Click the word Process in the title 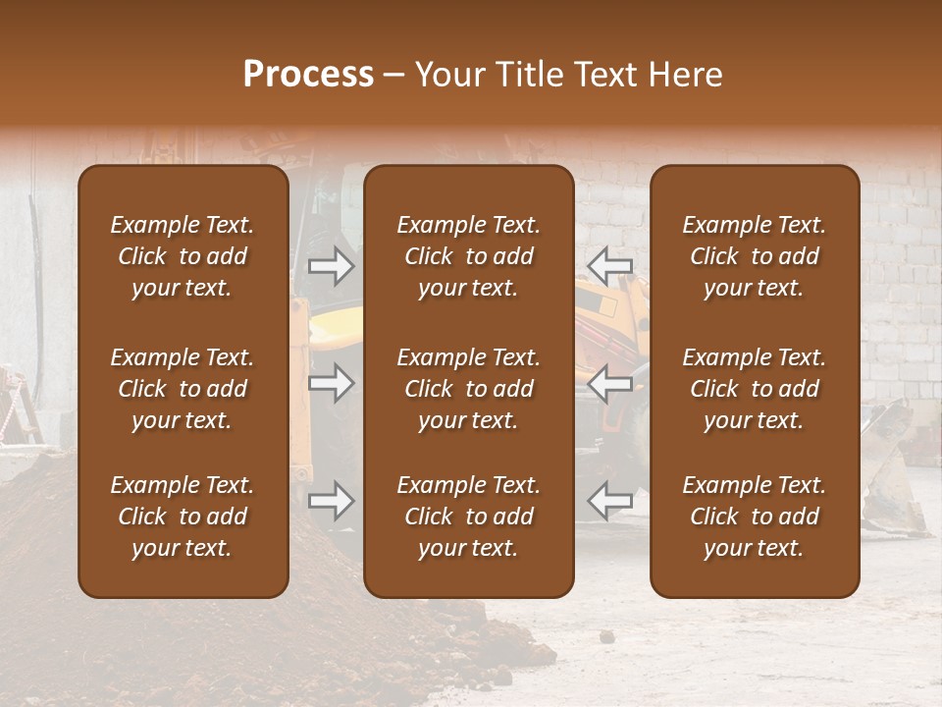[308, 75]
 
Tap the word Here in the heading [686, 75]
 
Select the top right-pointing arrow [331, 266]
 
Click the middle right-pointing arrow [331, 383]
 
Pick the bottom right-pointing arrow [331, 501]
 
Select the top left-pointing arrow [609, 266]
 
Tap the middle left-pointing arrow [609, 383]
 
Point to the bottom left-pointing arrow [609, 501]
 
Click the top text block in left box [183, 256]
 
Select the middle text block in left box [183, 389]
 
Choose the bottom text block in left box [183, 517]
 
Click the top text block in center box [468, 256]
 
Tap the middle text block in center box [468, 389]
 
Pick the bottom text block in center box [468, 517]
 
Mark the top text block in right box [755, 256]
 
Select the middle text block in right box [755, 389]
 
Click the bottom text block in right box [755, 517]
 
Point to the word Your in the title [448, 75]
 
